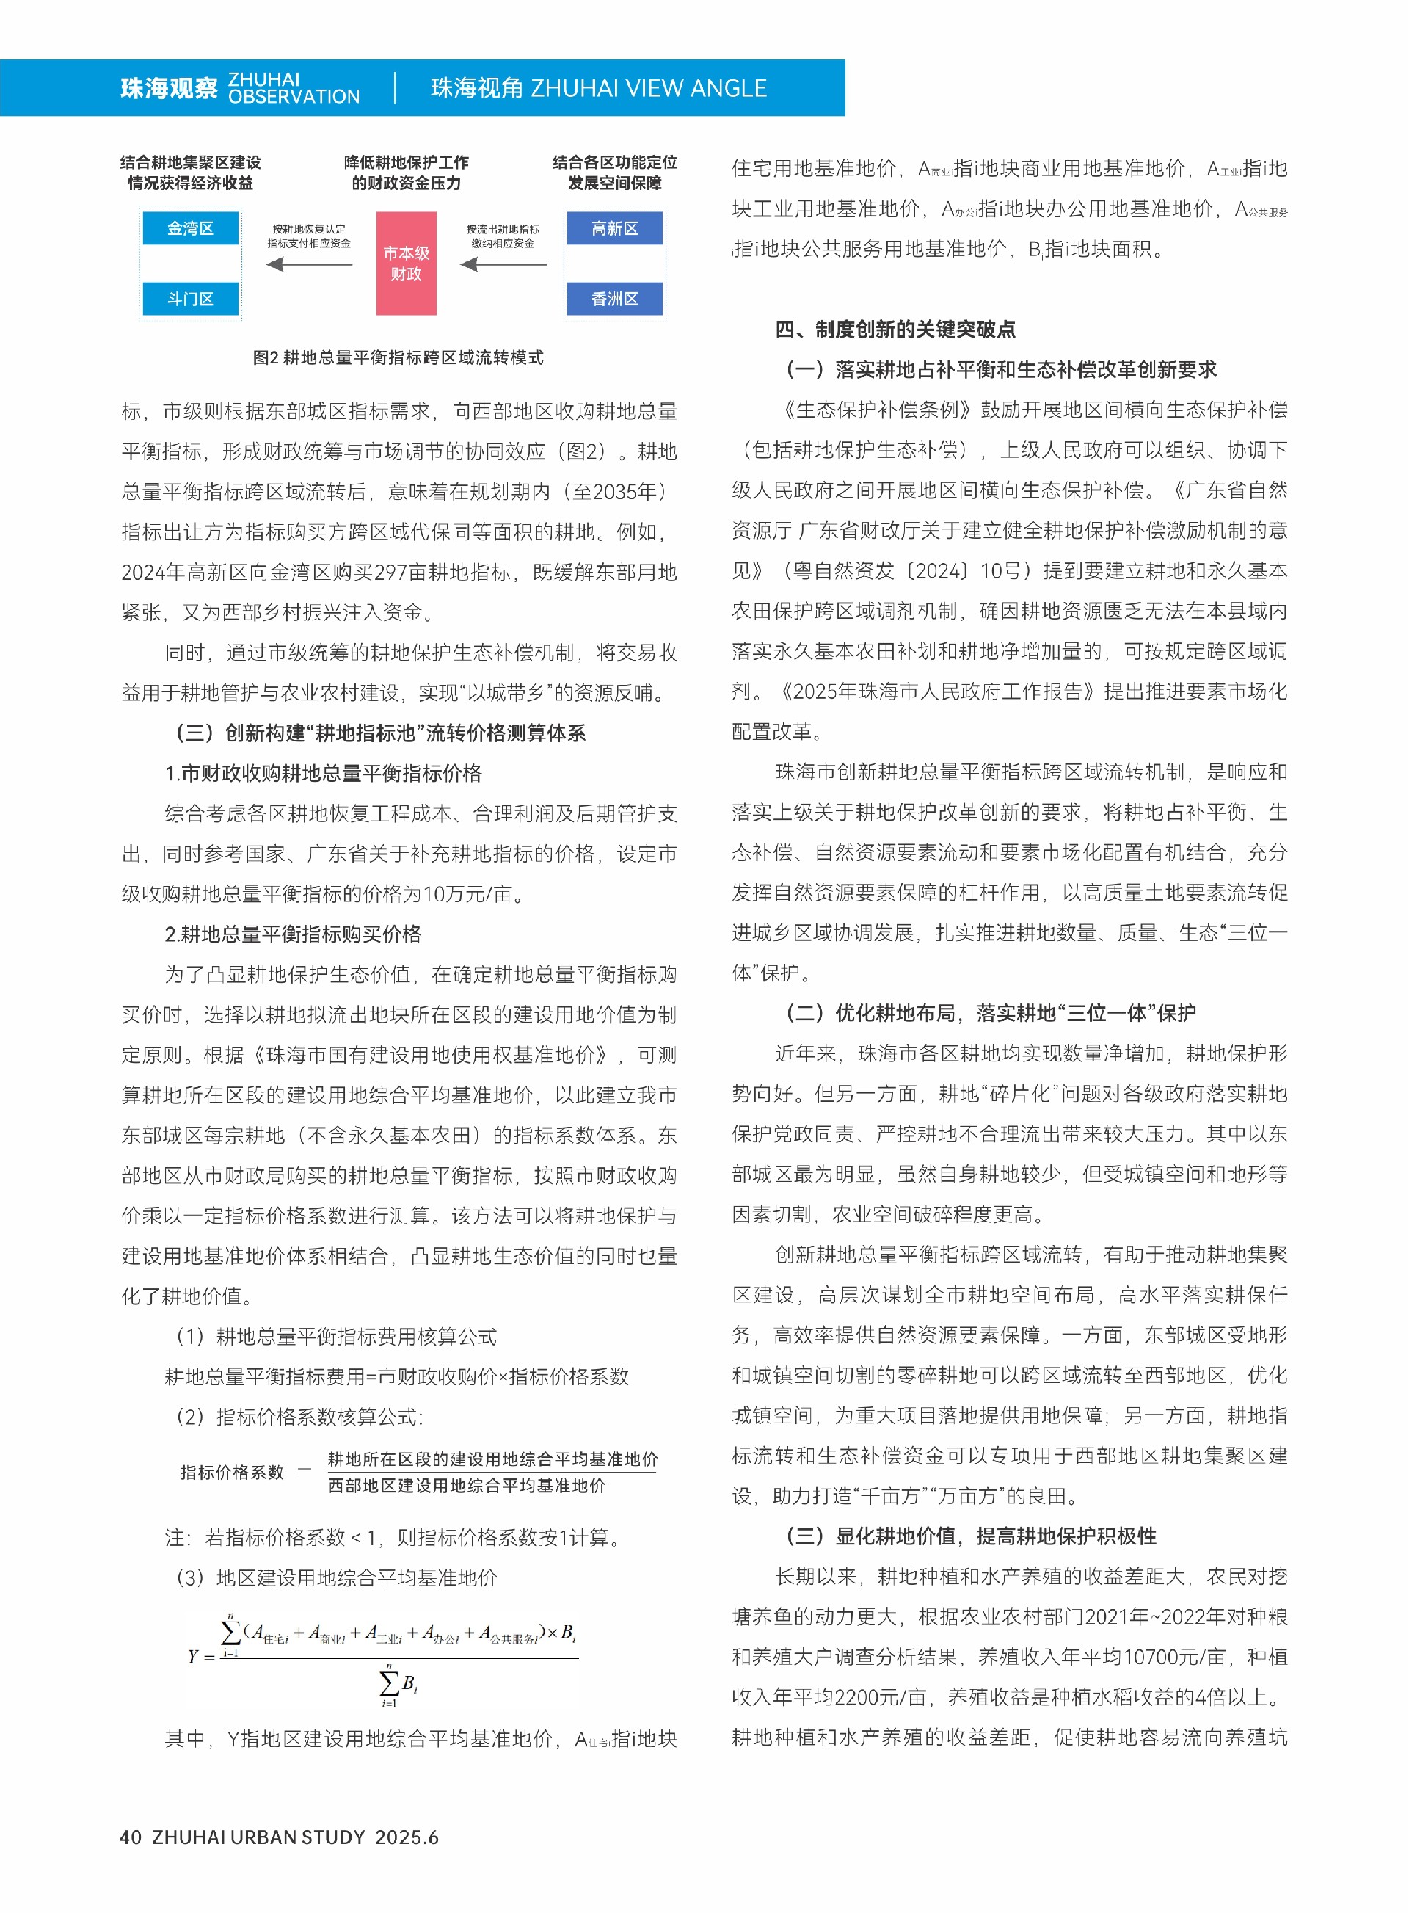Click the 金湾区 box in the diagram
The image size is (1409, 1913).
point(190,229)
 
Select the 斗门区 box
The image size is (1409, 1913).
point(190,299)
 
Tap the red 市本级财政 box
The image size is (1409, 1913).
point(406,264)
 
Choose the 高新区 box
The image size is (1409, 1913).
point(614,229)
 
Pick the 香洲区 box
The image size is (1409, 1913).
point(614,299)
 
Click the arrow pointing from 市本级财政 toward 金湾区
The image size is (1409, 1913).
point(309,264)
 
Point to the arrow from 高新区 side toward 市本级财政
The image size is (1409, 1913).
point(503,264)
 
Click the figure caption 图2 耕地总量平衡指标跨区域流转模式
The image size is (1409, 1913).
point(398,357)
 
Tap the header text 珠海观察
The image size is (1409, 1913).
point(169,88)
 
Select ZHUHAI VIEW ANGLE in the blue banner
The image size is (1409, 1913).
point(648,88)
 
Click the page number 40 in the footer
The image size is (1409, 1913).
point(131,1837)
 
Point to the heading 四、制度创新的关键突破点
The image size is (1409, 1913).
point(895,330)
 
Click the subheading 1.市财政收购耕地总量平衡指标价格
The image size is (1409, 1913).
point(323,773)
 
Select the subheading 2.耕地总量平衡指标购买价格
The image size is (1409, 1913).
point(294,934)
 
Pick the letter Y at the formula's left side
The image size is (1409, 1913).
point(194,1657)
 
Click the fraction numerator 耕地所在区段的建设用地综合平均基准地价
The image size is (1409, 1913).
point(492,1459)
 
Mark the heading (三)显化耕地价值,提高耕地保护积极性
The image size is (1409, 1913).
point(971,1536)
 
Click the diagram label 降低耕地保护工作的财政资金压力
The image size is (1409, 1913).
point(406,173)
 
